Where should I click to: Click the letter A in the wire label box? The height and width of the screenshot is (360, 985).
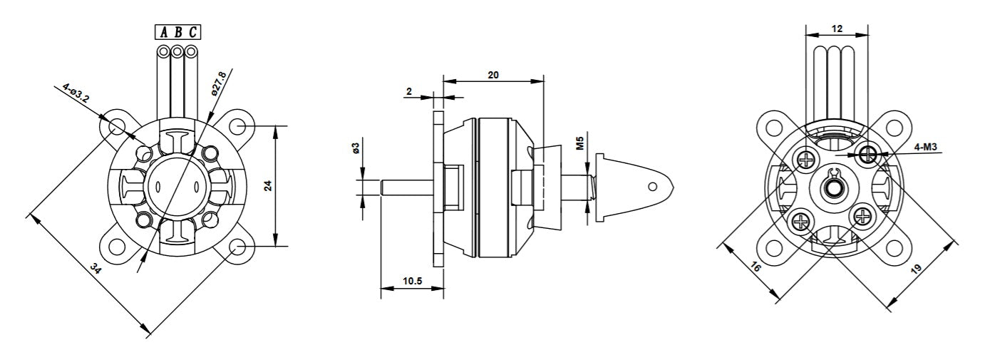pos(164,32)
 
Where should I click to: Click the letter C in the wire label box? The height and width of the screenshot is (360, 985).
pos(192,32)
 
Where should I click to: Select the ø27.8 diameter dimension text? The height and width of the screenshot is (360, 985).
pos(218,82)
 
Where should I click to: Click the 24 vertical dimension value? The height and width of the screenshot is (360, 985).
pos(268,186)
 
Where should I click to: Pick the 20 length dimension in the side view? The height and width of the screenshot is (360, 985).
pos(492,75)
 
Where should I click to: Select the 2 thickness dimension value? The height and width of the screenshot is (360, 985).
pos(408,91)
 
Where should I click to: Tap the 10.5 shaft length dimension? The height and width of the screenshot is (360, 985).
pos(412,282)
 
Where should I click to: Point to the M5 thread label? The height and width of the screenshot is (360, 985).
pos(580,143)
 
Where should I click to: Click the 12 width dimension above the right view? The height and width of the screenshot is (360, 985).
pos(837,29)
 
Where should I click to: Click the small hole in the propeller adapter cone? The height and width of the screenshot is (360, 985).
pos(652,187)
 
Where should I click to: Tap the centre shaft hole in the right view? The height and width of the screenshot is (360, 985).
pos(832,189)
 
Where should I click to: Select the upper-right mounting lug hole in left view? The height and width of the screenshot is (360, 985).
pos(239,126)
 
